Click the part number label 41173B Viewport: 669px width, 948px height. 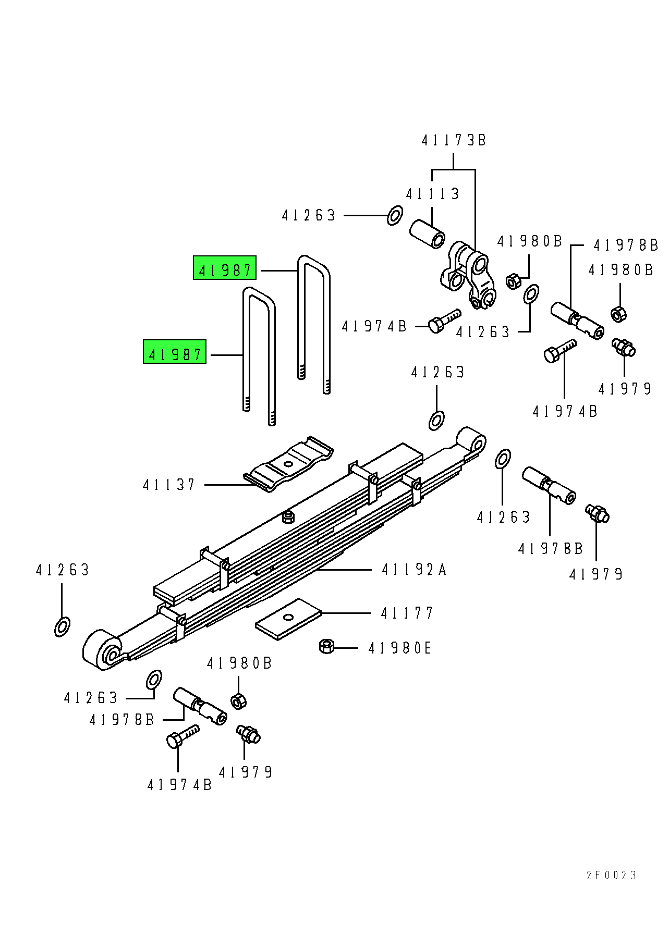454,140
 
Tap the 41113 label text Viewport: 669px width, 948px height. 432,194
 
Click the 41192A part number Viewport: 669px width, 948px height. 414,570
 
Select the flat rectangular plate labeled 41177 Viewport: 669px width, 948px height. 288,618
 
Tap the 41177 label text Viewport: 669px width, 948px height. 407,613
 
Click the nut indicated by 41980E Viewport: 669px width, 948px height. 326,647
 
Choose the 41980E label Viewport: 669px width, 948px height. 400,648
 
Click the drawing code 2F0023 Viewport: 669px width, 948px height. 611,876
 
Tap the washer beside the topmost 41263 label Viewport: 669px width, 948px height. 395,215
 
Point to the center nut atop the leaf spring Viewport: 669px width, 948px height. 288,517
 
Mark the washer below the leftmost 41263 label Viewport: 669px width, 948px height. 62,626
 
